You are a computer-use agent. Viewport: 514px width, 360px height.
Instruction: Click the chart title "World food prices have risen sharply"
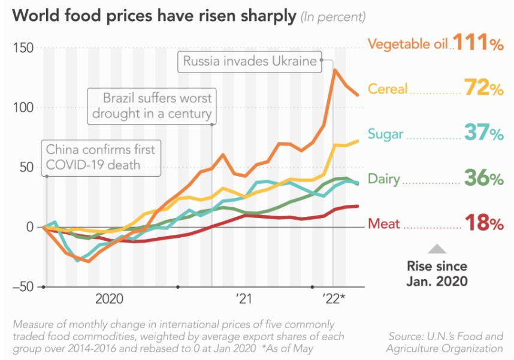coord(155,15)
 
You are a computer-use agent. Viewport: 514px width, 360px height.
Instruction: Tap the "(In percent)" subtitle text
coord(334,16)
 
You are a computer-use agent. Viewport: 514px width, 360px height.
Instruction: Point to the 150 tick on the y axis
coord(23,48)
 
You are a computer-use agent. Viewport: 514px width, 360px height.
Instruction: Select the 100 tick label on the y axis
coord(23,108)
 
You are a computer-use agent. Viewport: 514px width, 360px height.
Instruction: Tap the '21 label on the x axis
coord(244,298)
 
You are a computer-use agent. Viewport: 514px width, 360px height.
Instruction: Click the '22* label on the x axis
coord(334,298)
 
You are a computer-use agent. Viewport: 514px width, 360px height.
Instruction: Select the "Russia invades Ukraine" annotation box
coord(249,61)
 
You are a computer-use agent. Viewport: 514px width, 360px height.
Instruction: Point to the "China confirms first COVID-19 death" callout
coord(101,157)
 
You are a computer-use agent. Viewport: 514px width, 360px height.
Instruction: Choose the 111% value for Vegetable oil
coord(478,43)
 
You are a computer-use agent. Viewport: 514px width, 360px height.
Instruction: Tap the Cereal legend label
coord(387,89)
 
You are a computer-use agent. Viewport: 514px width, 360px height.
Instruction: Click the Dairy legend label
coord(384,179)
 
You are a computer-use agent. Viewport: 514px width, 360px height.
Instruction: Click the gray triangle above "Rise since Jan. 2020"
coord(437,248)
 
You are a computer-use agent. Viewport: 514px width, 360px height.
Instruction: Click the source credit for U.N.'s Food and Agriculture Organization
coord(445,342)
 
